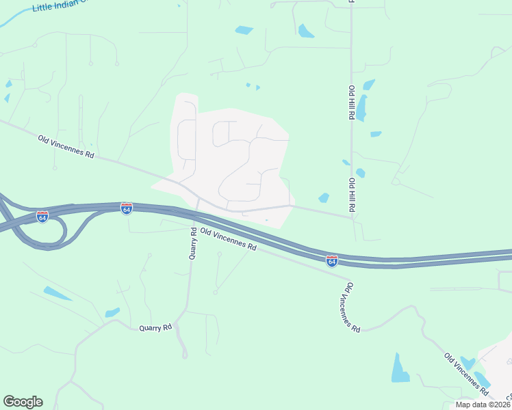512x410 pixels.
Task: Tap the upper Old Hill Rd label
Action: pos(350,103)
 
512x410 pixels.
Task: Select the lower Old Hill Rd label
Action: pos(351,195)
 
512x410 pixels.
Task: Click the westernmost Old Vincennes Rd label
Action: pos(66,144)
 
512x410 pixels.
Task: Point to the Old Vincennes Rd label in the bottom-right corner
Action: pos(466,374)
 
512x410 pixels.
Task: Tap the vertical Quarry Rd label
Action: pos(192,243)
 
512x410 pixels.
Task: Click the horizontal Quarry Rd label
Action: pos(155,328)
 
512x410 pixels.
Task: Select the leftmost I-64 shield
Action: pos(42,217)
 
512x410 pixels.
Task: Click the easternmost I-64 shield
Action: pos(332,260)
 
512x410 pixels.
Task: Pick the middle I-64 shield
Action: pos(127,208)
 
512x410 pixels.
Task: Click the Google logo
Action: pos(23,402)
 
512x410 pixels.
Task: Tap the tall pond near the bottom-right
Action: pos(400,369)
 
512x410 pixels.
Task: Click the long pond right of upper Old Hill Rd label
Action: pos(361,107)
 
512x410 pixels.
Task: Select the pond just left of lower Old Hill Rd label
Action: pos(324,198)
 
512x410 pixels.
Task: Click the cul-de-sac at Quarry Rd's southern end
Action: pos(185,355)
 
